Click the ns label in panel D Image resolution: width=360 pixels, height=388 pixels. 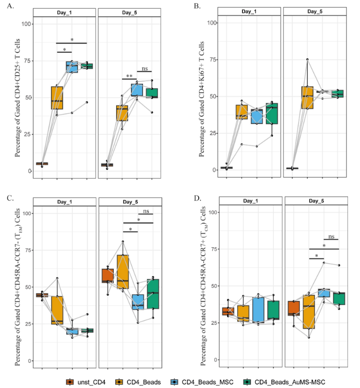[331, 236]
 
